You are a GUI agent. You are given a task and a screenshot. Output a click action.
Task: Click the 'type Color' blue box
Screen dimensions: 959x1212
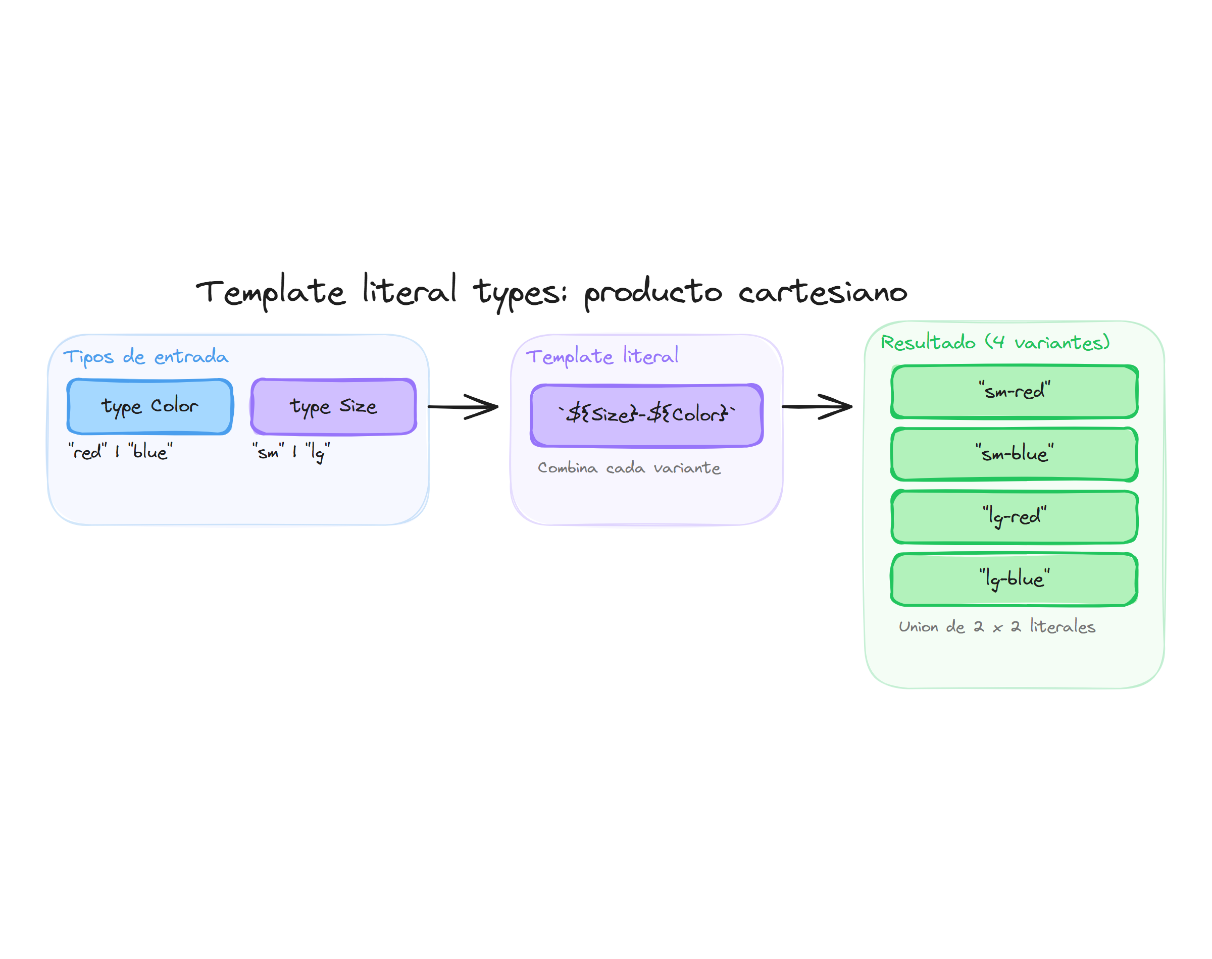(x=149, y=406)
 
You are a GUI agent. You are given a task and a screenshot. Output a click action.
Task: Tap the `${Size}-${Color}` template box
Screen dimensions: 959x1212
(x=646, y=415)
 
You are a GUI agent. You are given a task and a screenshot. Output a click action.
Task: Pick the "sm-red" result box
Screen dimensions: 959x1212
(x=1014, y=391)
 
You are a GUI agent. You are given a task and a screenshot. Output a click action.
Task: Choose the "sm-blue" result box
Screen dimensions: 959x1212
(x=1014, y=454)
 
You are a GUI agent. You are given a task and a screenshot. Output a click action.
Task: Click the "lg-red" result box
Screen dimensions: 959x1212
(x=1014, y=516)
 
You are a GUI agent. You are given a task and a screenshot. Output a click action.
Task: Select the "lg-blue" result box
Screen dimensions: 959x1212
(x=1014, y=578)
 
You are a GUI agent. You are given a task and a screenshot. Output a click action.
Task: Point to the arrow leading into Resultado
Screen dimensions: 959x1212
(x=817, y=406)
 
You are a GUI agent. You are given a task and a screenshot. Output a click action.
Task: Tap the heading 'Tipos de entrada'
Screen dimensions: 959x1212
(x=145, y=356)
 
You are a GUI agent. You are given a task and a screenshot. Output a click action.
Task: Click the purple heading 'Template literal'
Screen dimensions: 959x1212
(x=601, y=356)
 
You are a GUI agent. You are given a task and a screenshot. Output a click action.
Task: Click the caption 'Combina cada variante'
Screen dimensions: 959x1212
(x=628, y=468)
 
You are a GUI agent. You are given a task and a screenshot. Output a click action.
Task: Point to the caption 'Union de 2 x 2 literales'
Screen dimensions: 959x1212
(x=996, y=626)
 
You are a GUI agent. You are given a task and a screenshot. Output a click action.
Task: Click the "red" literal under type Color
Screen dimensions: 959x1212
(x=87, y=451)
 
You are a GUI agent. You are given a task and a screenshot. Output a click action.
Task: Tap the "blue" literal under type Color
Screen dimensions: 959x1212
(x=150, y=451)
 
